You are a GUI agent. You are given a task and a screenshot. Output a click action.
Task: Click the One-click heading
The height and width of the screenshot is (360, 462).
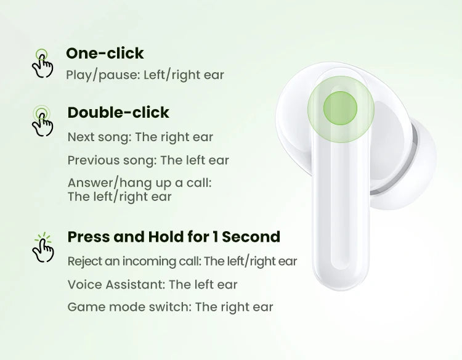[x=105, y=54]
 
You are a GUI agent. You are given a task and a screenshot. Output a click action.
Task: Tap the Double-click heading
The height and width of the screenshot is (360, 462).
[x=118, y=112]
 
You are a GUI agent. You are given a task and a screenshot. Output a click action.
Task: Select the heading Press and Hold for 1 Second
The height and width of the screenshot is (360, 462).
[x=174, y=237]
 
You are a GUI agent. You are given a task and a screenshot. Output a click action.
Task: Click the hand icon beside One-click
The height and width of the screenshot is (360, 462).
[x=43, y=63]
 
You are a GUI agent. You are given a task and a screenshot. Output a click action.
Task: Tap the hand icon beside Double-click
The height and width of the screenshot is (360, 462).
[x=43, y=121]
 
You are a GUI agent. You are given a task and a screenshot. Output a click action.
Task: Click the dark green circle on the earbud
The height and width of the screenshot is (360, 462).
[x=340, y=108]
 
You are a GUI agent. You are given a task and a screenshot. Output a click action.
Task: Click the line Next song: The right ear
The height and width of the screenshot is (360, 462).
[x=140, y=137]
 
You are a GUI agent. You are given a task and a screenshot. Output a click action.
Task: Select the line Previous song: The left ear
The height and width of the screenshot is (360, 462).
[x=148, y=160]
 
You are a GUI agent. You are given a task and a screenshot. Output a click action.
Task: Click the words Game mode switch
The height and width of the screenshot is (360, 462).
[x=128, y=307]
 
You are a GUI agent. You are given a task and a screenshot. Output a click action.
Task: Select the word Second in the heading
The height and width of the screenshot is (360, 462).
[x=251, y=237]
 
